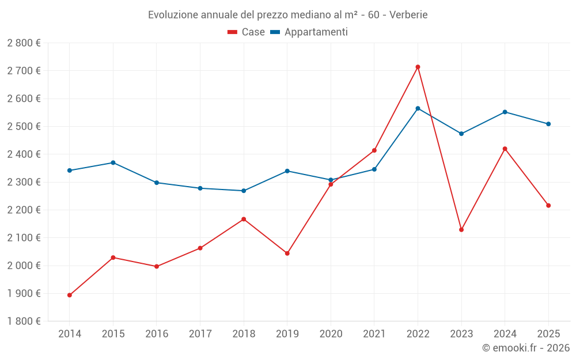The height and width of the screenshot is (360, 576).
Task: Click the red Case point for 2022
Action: coord(418,67)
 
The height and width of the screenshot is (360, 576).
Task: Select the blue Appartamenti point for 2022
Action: coord(418,108)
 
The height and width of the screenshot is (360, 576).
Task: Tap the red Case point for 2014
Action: coord(70,295)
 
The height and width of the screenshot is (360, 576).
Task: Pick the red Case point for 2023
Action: coord(461,230)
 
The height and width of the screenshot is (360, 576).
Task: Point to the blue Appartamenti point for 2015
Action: coord(113,162)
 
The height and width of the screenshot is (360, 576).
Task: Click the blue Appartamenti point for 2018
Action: coord(244,191)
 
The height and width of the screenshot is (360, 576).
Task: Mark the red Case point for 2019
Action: coord(287,253)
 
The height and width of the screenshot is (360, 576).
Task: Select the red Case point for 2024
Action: coord(505,149)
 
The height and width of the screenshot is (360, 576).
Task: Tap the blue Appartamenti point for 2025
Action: coord(548,124)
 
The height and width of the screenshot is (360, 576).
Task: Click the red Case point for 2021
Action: coord(374,150)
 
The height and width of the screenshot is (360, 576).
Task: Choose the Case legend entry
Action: coord(247,32)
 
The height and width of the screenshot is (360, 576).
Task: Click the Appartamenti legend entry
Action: coord(309,32)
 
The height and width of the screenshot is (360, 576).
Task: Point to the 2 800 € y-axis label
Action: coord(24,43)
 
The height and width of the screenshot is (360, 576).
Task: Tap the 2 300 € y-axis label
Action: coord(24,182)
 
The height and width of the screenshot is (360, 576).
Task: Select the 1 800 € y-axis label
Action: coord(24,321)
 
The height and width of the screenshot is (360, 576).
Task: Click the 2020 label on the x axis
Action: coord(331,334)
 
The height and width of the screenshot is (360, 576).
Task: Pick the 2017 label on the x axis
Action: coord(200,334)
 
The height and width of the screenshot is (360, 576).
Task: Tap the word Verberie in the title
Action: coord(408,15)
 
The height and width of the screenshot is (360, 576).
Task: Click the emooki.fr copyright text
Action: coord(526,348)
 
